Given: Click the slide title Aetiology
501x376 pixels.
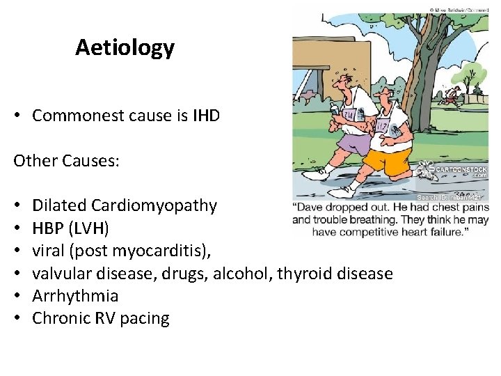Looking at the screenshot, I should (x=125, y=47).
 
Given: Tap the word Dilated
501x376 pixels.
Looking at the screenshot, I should (x=59, y=205).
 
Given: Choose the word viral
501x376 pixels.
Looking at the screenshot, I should (x=49, y=251).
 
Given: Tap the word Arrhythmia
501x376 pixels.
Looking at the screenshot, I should (x=75, y=296).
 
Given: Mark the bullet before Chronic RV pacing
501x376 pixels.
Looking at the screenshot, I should (x=17, y=319).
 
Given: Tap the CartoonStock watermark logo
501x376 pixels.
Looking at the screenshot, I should (x=453, y=169).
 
